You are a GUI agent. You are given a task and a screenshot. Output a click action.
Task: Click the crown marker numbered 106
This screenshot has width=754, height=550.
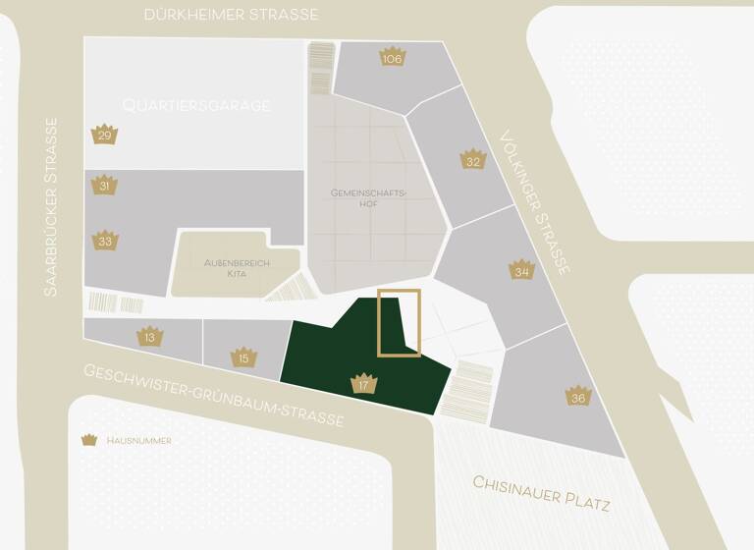(393, 57)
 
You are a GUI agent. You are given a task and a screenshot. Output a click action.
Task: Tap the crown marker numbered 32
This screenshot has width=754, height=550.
(473, 159)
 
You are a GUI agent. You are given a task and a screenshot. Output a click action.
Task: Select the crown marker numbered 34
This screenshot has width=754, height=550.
(521, 269)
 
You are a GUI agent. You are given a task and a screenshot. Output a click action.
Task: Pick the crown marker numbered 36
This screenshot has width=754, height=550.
(578, 396)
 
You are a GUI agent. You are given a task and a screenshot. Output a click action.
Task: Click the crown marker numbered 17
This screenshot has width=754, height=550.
(363, 383)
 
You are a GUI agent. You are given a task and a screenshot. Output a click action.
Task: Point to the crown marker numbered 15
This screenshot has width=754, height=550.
(244, 357)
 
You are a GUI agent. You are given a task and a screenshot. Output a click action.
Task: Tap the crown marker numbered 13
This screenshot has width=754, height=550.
(149, 336)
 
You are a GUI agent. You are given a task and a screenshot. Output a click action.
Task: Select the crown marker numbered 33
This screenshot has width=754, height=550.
(105, 240)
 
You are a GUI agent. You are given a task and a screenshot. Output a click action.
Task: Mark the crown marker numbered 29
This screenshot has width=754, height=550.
(105, 134)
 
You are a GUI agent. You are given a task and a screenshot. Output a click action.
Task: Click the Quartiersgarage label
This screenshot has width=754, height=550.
(196, 105)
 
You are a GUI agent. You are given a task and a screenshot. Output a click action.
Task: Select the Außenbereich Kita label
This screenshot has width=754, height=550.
(225, 267)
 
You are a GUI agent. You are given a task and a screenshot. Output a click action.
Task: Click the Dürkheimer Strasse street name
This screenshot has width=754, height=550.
(232, 15)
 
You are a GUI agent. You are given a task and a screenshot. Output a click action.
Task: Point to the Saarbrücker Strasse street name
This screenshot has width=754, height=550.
(52, 207)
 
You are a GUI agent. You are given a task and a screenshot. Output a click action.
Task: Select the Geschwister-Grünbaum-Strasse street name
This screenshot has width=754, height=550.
(214, 395)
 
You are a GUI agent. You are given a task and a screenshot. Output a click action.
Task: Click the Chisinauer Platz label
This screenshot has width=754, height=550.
(542, 494)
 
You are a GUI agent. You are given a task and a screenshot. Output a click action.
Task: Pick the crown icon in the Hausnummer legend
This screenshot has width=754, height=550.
(90, 440)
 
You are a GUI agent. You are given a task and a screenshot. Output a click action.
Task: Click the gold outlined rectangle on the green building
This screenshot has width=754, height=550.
(400, 322)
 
